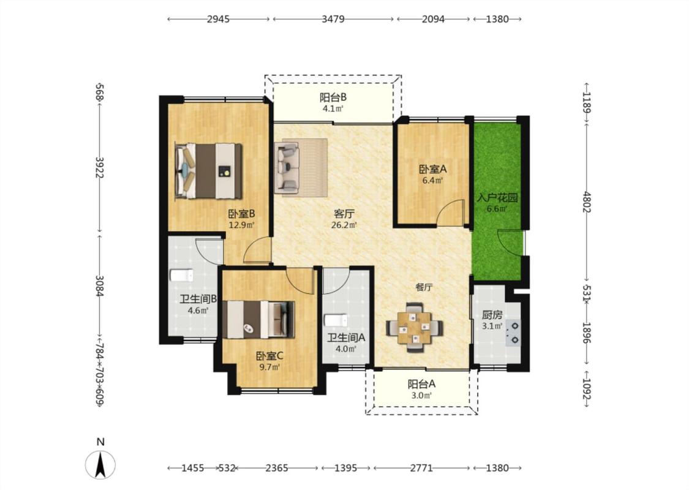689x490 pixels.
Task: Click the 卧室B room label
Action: pyautogui.click(x=242, y=214)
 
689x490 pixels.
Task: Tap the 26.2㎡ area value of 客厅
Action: pyautogui.click(x=344, y=225)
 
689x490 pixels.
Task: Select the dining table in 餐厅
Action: pyautogui.click(x=415, y=328)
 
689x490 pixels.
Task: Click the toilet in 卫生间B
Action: pyautogui.click(x=181, y=275)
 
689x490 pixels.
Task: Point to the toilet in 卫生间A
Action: pyautogui.click(x=336, y=320)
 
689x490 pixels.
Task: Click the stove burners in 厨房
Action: pyautogui.click(x=514, y=333)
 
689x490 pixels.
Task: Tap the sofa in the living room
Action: pyautogui.click(x=287, y=167)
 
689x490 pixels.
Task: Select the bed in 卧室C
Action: pyautogui.click(x=258, y=320)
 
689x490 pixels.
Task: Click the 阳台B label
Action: pyautogui.click(x=333, y=97)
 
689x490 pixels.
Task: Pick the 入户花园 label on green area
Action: pyautogui.click(x=497, y=197)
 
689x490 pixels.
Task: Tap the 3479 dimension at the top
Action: pyautogui.click(x=333, y=19)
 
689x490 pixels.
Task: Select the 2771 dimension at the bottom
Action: pyautogui.click(x=421, y=468)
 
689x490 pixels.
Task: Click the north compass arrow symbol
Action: pyautogui.click(x=100, y=465)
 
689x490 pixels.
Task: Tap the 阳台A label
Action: pyautogui.click(x=421, y=384)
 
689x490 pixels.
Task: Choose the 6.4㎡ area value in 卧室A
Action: pyautogui.click(x=433, y=179)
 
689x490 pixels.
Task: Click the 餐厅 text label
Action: pyautogui.click(x=424, y=287)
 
